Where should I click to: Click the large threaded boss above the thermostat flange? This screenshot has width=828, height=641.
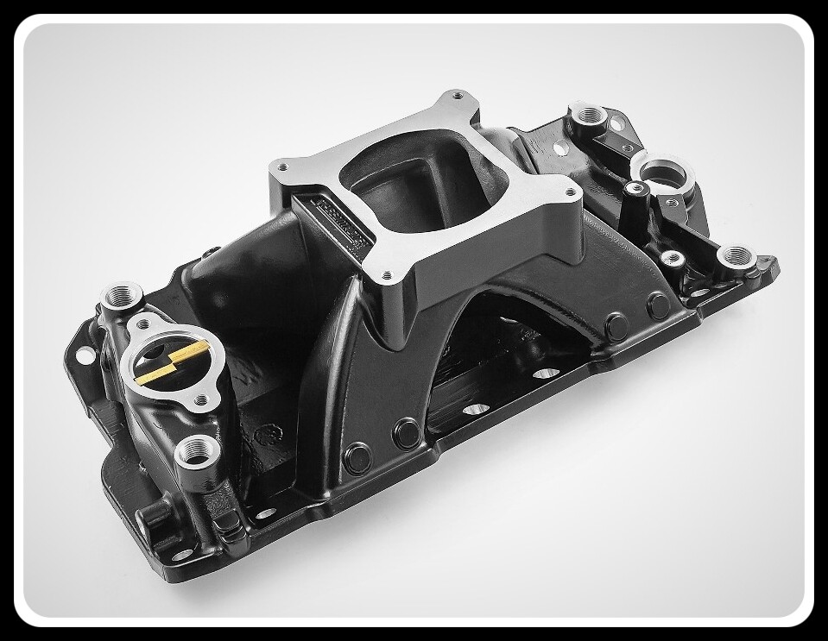click(x=118, y=299)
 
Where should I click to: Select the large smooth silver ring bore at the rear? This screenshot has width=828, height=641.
click(x=663, y=173)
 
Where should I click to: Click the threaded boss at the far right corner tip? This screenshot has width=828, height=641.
click(x=736, y=256)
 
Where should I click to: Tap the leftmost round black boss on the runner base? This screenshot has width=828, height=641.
click(x=357, y=458)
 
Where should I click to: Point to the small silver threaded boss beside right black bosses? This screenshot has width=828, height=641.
click(x=670, y=259)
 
